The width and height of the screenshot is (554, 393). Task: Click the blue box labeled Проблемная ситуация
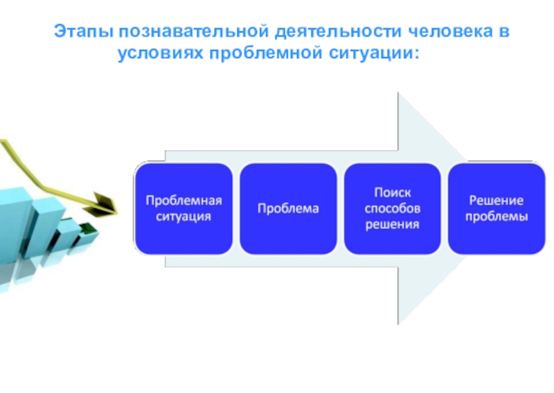(x=184, y=208)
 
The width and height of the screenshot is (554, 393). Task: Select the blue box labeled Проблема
(x=288, y=208)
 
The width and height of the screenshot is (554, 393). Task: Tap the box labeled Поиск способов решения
(x=393, y=208)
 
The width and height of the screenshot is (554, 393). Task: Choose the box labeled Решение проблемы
(x=497, y=208)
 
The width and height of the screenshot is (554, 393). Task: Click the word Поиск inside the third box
(x=393, y=192)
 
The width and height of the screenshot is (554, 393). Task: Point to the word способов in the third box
(x=393, y=208)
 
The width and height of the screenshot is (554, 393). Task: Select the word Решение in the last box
(x=497, y=201)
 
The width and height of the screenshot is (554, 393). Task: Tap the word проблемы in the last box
(x=497, y=217)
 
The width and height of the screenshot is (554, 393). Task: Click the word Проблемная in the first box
(x=184, y=201)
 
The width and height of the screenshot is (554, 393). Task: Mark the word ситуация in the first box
(x=184, y=217)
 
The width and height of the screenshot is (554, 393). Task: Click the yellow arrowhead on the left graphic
(x=105, y=203)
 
